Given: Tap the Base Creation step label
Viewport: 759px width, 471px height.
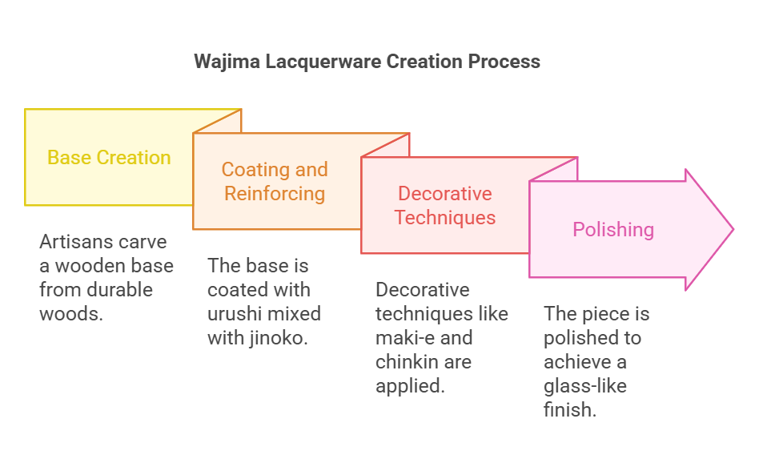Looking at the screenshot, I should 109,158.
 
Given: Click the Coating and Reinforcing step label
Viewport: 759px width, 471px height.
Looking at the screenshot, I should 275,182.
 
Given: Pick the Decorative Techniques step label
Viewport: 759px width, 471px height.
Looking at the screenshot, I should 445,206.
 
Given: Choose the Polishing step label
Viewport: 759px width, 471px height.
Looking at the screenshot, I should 613,230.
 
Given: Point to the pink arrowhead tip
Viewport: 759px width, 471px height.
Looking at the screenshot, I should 732,230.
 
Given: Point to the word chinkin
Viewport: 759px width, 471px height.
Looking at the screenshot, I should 409,361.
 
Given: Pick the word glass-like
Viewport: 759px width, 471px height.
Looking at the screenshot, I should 585,385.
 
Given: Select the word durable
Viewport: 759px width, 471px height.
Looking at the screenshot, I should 127,289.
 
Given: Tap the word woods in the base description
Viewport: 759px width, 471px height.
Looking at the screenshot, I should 71,313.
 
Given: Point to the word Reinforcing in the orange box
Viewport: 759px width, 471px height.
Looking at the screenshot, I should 275,194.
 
